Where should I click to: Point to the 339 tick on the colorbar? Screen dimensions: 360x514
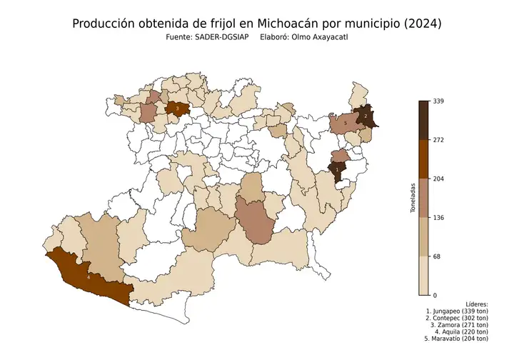[x=439, y=101]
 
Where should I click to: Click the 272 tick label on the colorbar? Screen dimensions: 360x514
[x=439, y=140]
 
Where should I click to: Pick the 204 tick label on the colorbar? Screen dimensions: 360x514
[x=439, y=179]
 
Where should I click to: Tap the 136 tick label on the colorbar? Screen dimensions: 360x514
[x=439, y=217]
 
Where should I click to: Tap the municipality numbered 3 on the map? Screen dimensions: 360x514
[x=177, y=109]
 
